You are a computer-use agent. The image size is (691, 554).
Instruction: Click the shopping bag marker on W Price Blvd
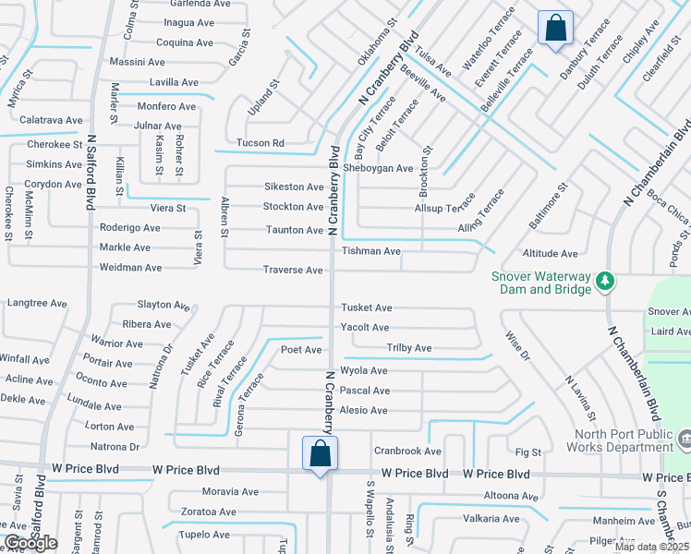[320, 453]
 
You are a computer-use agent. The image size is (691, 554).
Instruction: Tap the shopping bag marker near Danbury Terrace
[555, 28]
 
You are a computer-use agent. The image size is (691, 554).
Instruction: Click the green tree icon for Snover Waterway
[605, 280]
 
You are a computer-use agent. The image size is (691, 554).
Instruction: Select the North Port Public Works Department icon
[685, 436]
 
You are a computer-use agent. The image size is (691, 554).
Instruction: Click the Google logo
[30, 543]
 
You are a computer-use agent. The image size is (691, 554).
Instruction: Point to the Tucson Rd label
[260, 143]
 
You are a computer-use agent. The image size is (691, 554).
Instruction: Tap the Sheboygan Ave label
[378, 168]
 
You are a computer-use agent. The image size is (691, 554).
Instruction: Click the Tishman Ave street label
[371, 251]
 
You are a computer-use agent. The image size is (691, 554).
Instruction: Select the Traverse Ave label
[293, 270]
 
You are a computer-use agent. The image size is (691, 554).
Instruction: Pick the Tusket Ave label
[367, 307]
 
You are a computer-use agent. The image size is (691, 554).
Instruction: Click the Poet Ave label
[301, 350]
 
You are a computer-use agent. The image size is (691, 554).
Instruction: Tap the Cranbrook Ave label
[407, 452]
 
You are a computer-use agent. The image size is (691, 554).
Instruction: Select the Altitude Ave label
[550, 253]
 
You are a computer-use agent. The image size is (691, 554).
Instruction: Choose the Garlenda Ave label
[198, 4]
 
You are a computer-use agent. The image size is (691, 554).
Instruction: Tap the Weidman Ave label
[130, 268]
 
